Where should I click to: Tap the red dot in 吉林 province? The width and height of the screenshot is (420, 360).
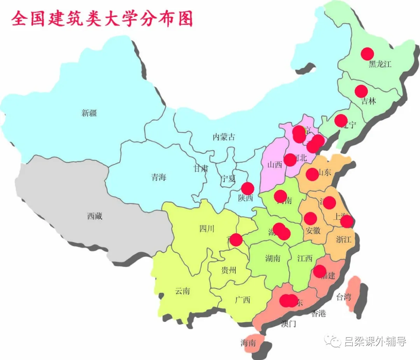click(361, 91)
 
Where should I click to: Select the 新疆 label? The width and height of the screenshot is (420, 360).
click(89, 113)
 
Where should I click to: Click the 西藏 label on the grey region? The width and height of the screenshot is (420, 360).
click(94, 216)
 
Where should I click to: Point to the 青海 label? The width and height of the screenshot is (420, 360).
click(159, 177)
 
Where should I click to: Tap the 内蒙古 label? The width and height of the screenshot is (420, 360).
click(224, 137)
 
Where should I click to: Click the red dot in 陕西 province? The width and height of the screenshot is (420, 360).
click(247, 188)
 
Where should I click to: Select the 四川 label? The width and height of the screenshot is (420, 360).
click(207, 229)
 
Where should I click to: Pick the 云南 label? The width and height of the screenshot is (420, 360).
click(182, 291)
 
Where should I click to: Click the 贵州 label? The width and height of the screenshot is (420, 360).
click(229, 270)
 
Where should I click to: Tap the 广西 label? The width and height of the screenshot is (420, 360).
click(243, 300)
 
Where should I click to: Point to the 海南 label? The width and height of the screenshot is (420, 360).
click(248, 343)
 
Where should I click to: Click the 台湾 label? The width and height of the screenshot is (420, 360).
click(343, 297)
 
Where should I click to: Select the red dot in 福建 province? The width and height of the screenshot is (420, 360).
click(320, 271)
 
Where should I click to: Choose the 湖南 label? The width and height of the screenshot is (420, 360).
click(273, 258)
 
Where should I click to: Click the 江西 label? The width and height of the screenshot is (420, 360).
click(305, 258)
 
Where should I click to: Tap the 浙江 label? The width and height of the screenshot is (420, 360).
click(343, 240)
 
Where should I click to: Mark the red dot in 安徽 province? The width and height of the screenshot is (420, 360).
click(310, 219)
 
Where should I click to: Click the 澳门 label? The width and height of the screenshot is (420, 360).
click(289, 324)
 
